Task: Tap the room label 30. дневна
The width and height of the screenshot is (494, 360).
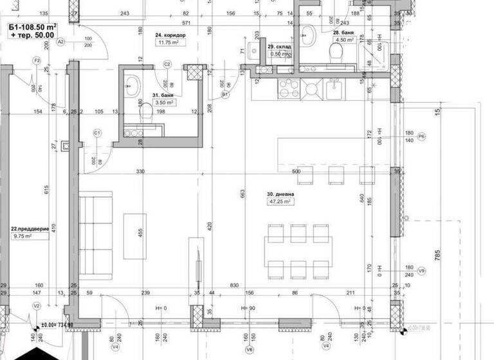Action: [x=280, y=193]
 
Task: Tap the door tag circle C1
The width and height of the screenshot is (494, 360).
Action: [x=98, y=133]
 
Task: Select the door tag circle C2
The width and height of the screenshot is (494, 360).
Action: [x=167, y=64]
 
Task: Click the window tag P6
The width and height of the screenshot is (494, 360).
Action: [x=422, y=136]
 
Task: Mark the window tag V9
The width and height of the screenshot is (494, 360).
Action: [x=422, y=271]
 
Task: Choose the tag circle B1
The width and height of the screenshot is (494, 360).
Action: [x=226, y=94]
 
